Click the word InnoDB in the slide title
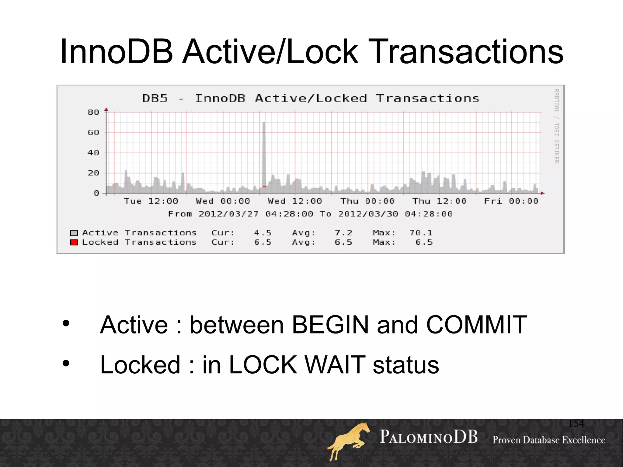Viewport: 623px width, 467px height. point(117,52)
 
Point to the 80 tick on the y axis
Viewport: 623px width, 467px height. point(93,112)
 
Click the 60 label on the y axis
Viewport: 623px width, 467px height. point(93,132)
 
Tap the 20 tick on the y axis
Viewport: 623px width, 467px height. point(93,173)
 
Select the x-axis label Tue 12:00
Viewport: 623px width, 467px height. point(151,201)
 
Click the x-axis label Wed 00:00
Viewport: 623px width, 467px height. point(223,201)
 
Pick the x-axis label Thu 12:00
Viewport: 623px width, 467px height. point(439,201)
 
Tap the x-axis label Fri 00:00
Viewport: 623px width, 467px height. point(511,201)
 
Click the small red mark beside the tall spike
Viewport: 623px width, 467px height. point(264,186)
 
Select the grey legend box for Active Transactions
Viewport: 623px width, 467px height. point(74,233)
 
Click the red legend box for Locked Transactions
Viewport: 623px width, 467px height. point(74,242)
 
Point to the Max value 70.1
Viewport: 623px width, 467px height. point(421,233)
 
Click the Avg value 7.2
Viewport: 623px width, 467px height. point(343,233)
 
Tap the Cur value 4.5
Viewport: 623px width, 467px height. point(263,233)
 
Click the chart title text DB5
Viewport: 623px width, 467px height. point(155,98)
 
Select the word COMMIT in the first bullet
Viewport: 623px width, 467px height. point(476,325)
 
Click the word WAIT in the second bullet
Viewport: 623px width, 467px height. point(335,365)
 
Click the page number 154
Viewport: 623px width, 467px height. point(576,423)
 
